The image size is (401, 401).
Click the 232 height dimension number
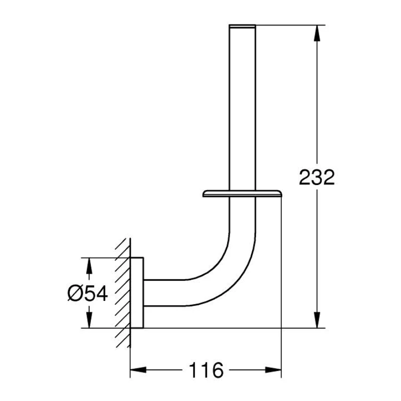(x=316, y=177)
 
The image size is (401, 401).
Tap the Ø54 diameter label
(x=87, y=294)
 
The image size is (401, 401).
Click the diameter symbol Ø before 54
(x=74, y=294)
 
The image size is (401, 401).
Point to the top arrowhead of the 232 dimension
(x=316, y=32)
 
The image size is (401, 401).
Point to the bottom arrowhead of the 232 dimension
(x=316, y=321)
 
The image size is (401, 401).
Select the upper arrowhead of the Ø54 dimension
(x=89, y=265)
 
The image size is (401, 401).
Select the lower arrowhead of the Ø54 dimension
(x=89, y=321)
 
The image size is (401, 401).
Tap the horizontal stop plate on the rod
(x=243, y=193)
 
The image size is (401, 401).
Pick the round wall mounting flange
(x=137, y=293)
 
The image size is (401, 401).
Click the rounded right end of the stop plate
(x=281, y=193)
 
